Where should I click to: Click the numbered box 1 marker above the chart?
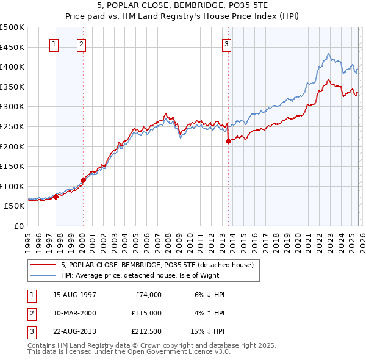point(54,43)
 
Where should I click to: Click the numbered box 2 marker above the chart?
point(81,43)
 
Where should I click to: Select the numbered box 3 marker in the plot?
point(226,43)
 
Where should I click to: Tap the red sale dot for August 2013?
point(228,141)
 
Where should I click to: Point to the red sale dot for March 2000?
point(84,180)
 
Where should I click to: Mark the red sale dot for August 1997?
point(56,196)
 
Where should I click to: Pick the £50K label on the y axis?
point(15,206)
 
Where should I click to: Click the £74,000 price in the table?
point(147,295)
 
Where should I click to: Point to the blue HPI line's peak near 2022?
point(328,54)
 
